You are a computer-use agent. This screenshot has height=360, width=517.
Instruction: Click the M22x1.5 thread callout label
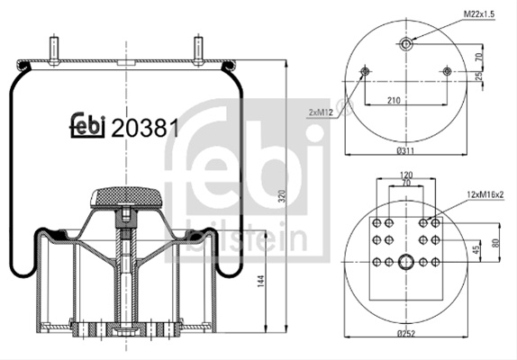479,14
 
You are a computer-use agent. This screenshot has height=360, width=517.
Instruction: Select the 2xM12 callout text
322,112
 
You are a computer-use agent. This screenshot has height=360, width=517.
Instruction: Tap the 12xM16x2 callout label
485,194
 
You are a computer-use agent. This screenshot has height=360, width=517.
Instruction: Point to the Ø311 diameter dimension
405,151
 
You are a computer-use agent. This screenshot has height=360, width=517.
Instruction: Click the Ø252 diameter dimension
406,334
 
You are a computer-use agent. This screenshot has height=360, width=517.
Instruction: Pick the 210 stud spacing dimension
394,100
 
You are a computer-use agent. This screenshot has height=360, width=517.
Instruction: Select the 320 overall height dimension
281,196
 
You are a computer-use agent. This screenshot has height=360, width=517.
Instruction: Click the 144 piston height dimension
261,281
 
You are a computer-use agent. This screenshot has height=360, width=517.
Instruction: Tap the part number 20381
145,128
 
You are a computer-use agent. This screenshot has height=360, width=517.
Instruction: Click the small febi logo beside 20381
87,125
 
